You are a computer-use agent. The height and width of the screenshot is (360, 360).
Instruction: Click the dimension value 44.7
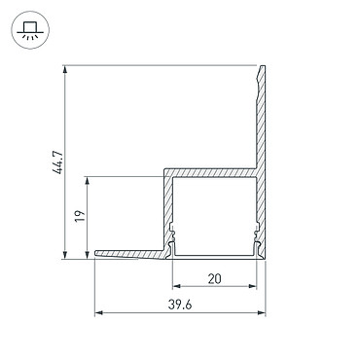coord(59,162)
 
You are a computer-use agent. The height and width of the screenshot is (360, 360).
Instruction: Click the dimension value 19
coord(80,216)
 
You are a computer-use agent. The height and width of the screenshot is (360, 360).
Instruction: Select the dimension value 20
coord(214,278)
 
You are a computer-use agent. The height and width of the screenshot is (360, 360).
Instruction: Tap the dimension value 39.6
coord(180,305)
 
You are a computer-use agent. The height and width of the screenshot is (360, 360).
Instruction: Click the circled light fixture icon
coord(30,30)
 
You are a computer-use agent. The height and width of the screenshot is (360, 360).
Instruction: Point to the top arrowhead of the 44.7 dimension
coord(65,70)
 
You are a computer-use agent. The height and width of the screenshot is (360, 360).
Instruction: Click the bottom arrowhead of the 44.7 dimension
coord(65,255)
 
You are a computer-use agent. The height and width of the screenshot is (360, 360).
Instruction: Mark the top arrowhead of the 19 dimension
coord(87,181)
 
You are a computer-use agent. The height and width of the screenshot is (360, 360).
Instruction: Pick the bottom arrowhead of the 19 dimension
coord(87,255)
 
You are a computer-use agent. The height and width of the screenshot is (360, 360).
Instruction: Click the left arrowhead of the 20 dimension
coord(176,286)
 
